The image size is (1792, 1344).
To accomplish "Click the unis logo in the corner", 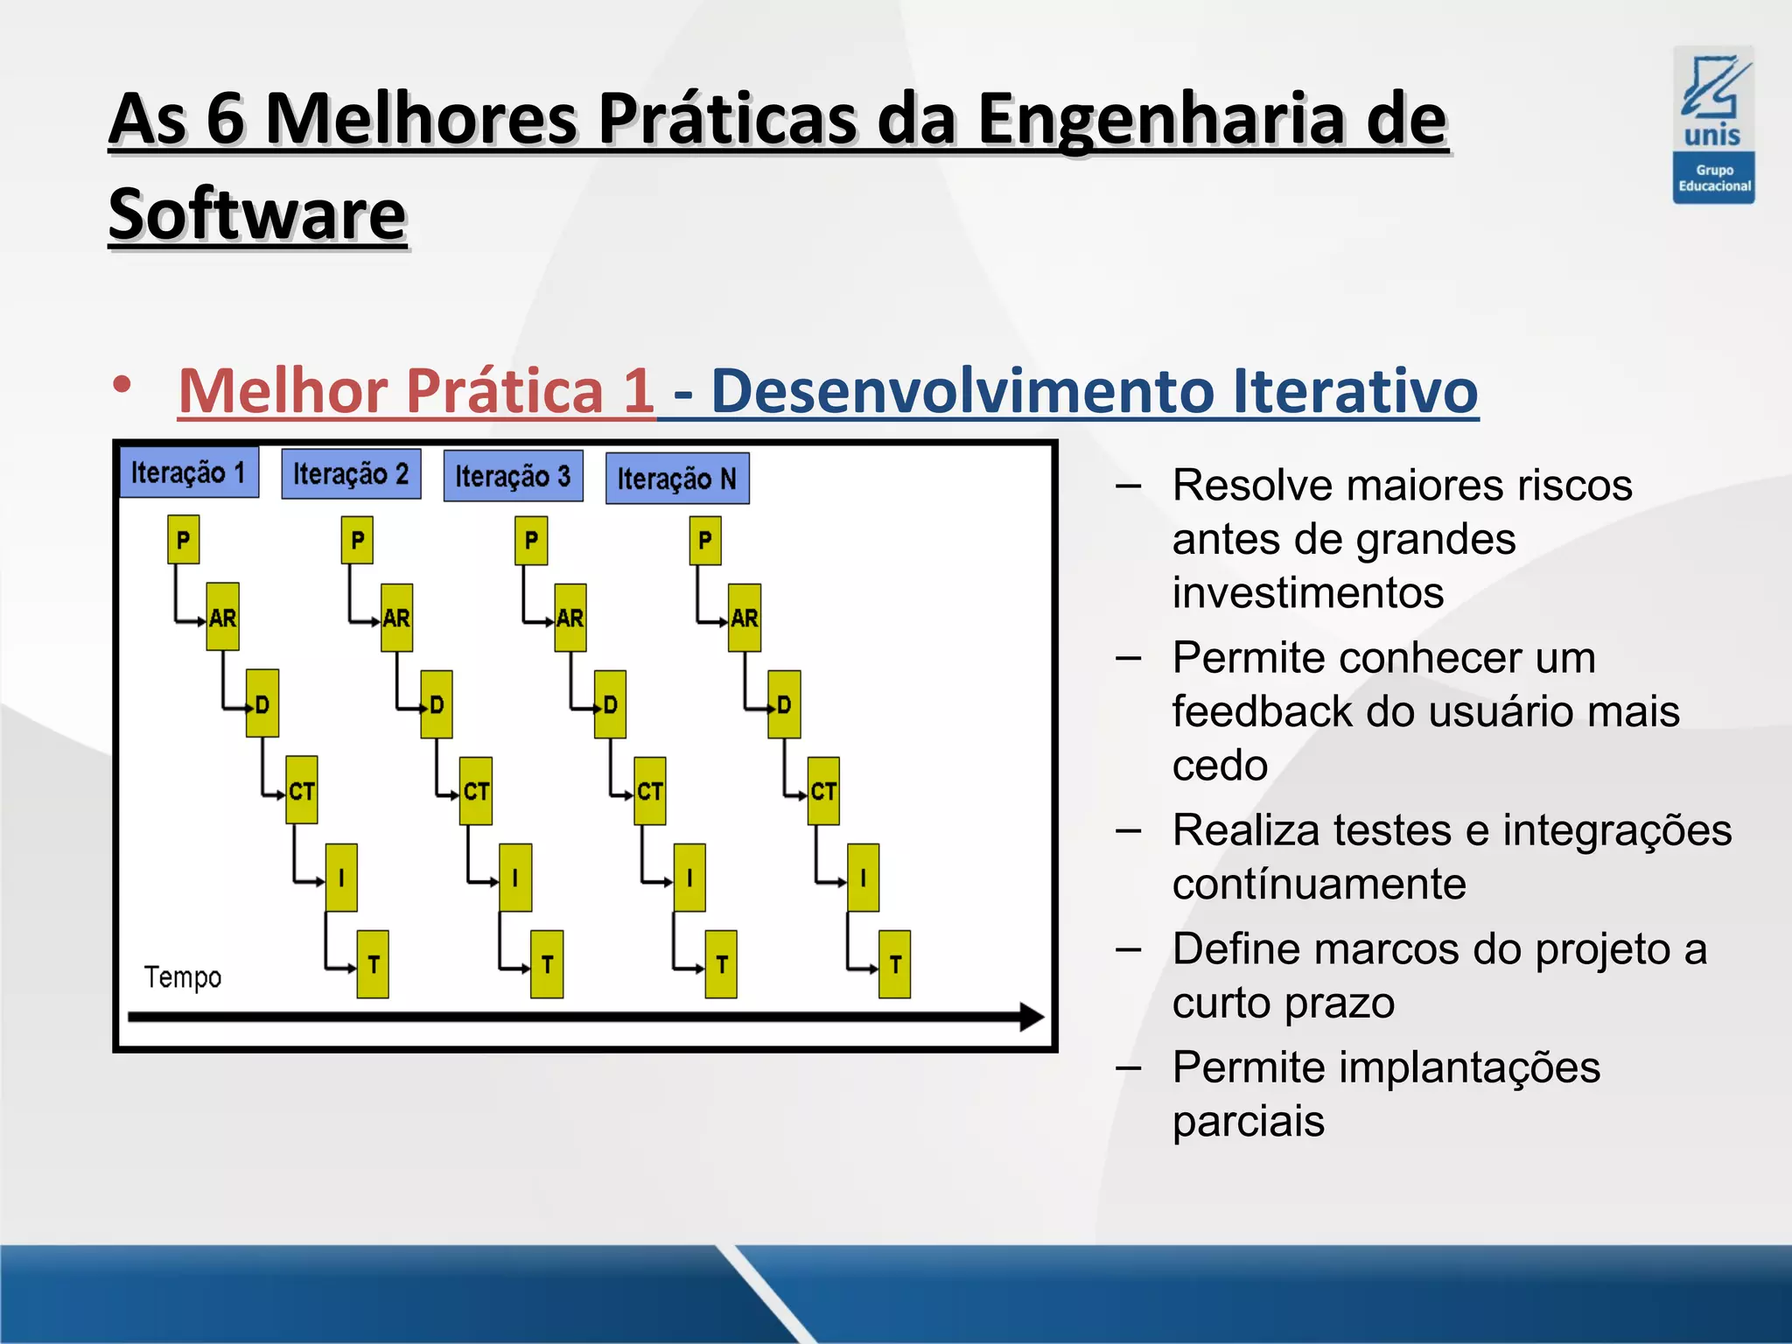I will [x=1712, y=124].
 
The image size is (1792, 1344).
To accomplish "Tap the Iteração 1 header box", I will [x=189, y=472].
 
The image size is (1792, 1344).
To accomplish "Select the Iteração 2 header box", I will [x=351, y=474].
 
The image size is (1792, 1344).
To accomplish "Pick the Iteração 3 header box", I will [x=513, y=476].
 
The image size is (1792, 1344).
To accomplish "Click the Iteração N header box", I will [x=677, y=479].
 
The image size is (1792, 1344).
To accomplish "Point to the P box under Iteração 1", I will [x=183, y=540].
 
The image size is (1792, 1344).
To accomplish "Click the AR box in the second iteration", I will [x=396, y=618].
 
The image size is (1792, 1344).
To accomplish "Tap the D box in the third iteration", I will [x=610, y=704].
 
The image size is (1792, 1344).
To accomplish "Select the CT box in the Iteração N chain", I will [x=823, y=791].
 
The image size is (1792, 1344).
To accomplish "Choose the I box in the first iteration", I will [x=341, y=878].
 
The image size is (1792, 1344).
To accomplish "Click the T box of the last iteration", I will [x=894, y=964].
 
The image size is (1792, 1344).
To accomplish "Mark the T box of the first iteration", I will [x=373, y=964].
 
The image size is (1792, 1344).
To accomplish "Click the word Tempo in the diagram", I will [x=183, y=977].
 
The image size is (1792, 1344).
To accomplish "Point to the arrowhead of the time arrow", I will [x=1032, y=1017].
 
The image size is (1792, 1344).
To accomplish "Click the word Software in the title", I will [x=258, y=214].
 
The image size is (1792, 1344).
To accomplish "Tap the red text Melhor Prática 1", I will [x=416, y=390].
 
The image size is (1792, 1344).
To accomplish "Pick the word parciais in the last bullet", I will [x=1249, y=1121].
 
